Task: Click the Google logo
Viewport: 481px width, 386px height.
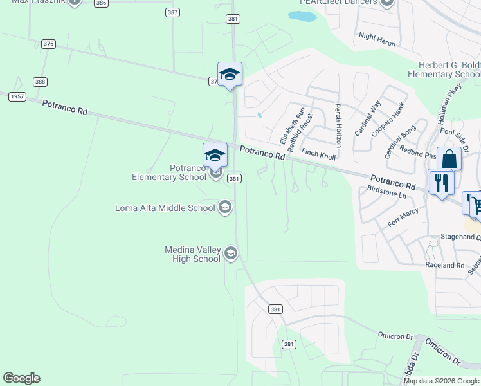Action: (x=21, y=378)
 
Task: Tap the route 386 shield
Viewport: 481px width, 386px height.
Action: (x=101, y=3)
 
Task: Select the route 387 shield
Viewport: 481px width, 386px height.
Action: (x=172, y=12)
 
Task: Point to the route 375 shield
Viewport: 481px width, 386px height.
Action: (x=48, y=44)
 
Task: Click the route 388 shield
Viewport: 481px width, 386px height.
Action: (x=40, y=82)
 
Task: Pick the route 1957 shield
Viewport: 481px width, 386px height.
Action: (x=17, y=96)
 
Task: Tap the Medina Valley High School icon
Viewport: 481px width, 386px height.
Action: (x=231, y=254)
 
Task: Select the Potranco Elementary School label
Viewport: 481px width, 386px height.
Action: (x=169, y=172)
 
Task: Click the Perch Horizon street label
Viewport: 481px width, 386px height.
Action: (x=337, y=126)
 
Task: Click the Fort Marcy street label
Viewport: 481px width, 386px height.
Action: (x=403, y=217)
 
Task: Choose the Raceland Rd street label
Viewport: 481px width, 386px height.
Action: (x=444, y=265)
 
